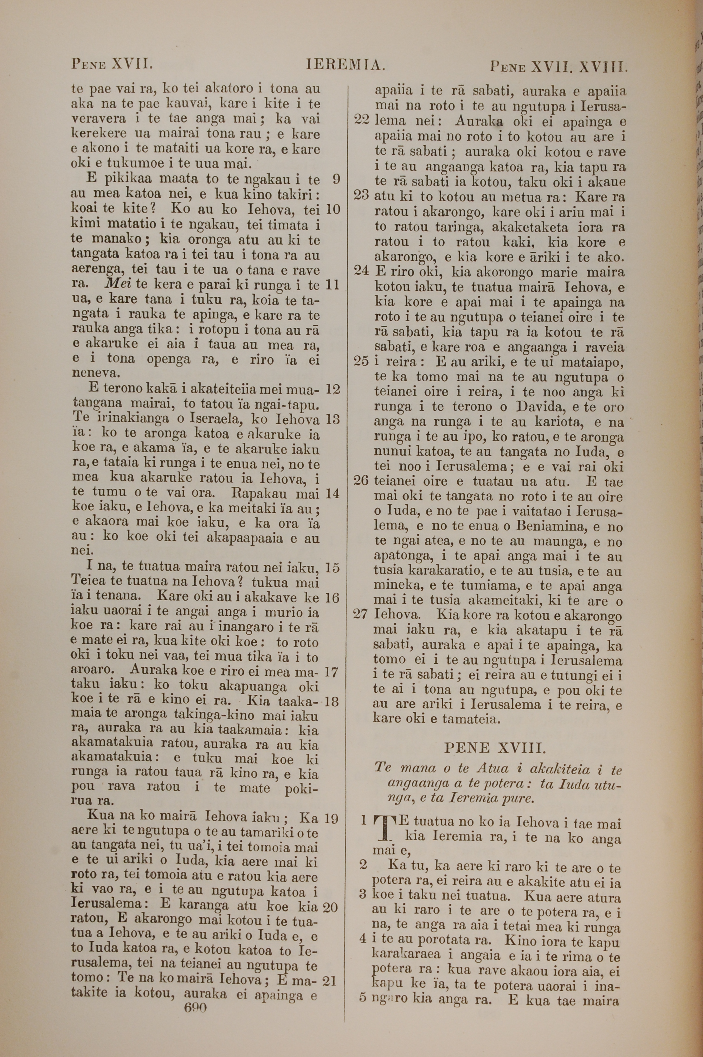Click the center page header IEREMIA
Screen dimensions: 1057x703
(x=345, y=66)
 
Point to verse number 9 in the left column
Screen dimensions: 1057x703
(x=337, y=180)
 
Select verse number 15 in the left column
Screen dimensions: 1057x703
(x=333, y=568)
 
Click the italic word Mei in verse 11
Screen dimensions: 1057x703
(x=117, y=285)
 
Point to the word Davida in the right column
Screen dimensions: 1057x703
(x=536, y=407)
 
